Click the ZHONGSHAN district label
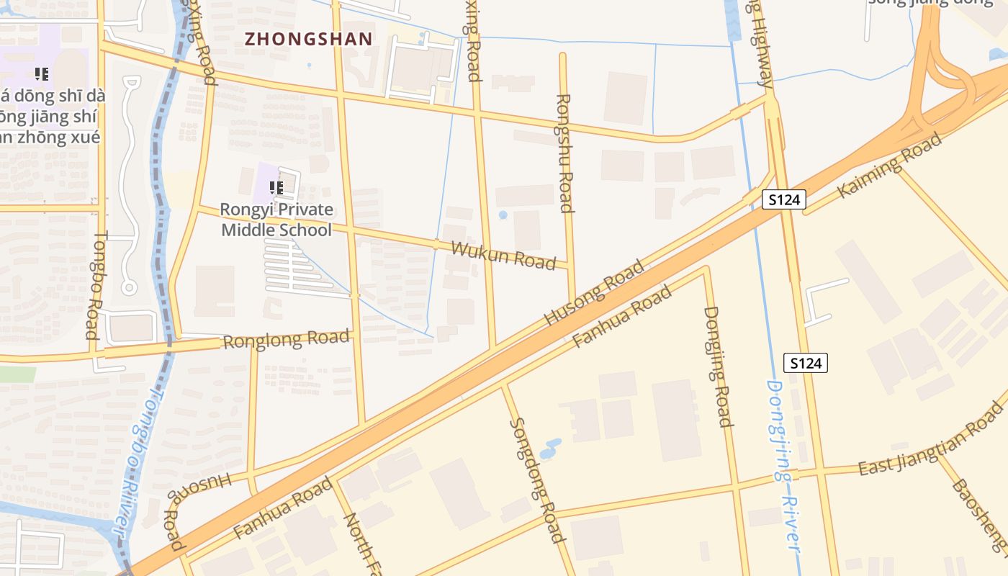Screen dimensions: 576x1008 point(309,39)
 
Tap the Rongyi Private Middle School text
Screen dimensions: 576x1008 point(276,220)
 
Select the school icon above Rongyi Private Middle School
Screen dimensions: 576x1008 point(276,188)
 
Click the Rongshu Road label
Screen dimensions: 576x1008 point(565,153)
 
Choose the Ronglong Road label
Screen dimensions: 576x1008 point(287,339)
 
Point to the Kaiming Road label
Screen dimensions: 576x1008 point(890,166)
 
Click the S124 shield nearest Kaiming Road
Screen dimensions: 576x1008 point(783,200)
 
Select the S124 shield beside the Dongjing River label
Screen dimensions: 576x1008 point(806,363)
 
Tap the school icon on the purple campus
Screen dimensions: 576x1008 point(42,73)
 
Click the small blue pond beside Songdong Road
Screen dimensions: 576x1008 point(551,449)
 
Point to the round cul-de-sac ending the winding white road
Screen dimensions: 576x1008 point(129,288)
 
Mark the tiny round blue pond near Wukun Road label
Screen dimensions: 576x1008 point(503,215)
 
